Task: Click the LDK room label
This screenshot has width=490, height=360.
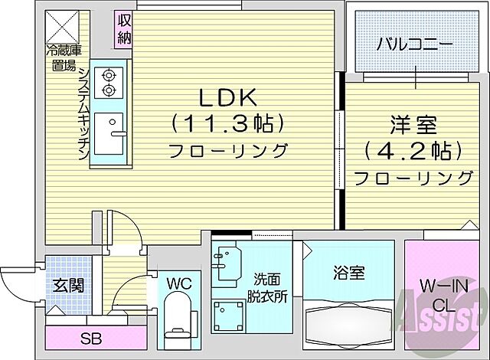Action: tap(228, 97)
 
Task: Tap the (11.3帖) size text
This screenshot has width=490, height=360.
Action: tap(228, 123)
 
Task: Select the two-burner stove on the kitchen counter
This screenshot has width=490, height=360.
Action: tap(108, 83)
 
